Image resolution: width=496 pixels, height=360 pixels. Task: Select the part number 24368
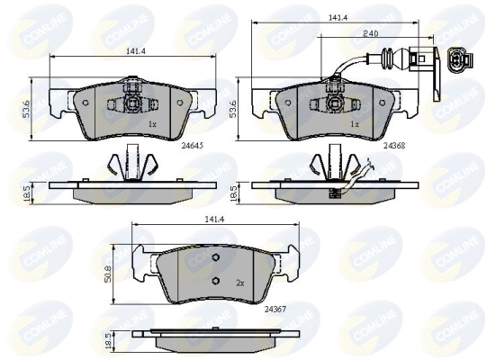(395, 143)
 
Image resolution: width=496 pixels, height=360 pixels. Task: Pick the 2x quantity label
(241, 282)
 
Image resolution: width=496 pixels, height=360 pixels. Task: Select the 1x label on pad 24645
(152, 122)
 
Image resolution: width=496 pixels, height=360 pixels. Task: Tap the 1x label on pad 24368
(355, 122)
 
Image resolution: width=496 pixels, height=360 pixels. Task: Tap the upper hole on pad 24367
(216, 260)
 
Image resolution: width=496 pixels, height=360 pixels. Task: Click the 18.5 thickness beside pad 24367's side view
(110, 342)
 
